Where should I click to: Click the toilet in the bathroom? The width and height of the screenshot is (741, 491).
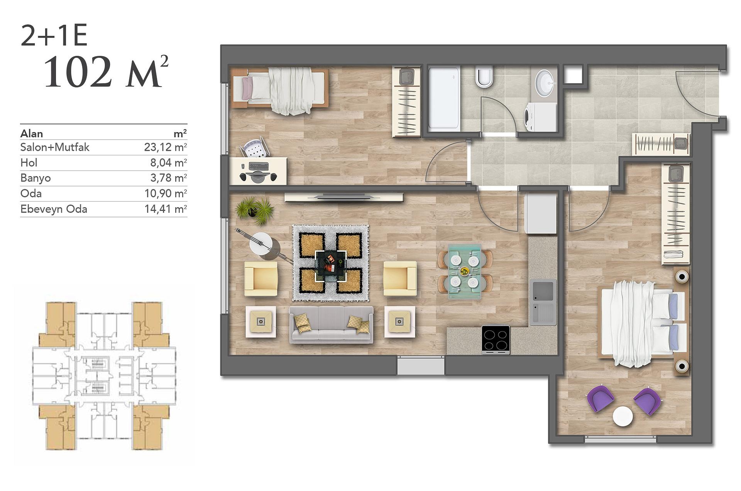484,77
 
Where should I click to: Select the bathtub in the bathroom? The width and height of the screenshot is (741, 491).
444,98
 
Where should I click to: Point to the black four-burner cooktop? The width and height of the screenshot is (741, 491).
496,340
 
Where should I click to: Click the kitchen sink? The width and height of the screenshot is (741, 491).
543,301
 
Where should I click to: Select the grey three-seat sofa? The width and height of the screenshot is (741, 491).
331,325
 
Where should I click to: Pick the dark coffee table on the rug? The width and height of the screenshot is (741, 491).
331,266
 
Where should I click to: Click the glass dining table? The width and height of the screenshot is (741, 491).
465,271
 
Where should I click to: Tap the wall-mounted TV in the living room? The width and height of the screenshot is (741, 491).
344,197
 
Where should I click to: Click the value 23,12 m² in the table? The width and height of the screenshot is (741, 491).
166,147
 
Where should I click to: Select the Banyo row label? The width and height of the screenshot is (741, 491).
36,178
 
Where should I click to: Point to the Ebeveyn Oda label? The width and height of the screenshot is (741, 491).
54,209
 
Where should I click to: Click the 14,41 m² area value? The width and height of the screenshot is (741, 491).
166,209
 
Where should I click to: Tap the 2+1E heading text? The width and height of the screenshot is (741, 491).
54,35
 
